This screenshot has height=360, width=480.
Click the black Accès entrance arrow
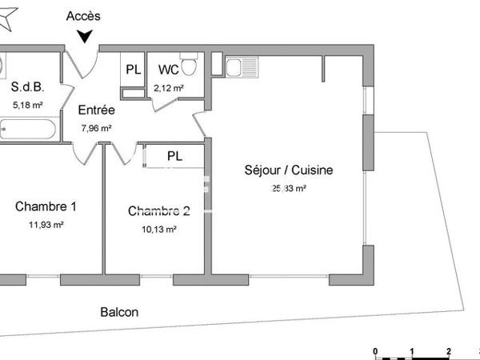pyautogui.click(x=85, y=36)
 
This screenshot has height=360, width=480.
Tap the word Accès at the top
pyautogui.click(x=84, y=15)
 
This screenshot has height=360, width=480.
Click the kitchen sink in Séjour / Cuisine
pyautogui.click(x=241, y=67)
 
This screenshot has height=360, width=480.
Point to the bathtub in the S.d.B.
pyautogui.click(x=27, y=129)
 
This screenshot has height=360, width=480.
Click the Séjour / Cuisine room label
pyautogui.click(x=288, y=170)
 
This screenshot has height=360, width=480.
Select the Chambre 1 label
pyautogui.click(x=46, y=206)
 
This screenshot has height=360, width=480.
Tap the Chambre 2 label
pyautogui.click(x=159, y=211)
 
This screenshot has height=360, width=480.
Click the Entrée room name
pyautogui.click(x=97, y=110)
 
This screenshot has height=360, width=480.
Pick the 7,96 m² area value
pyautogui.click(x=97, y=127)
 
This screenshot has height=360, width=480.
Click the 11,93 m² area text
pyautogui.click(x=46, y=225)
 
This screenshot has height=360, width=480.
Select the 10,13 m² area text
pyautogui.click(x=158, y=229)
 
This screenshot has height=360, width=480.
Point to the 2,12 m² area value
pyautogui.click(x=169, y=88)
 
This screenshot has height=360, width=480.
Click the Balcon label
pyautogui.click(x=119, y=312)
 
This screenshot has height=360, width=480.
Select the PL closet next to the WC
pyautogui.click(x=133, y=69)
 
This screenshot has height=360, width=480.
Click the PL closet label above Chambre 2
pyautogui.click(x=174, y=156)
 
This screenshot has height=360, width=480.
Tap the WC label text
pyautogui.click(x=168, y=69)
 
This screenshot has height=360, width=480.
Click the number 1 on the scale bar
pyautogui.click(x=411, y=352)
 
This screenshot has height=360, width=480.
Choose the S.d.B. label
pyautogui.click(x=26, y=86)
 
